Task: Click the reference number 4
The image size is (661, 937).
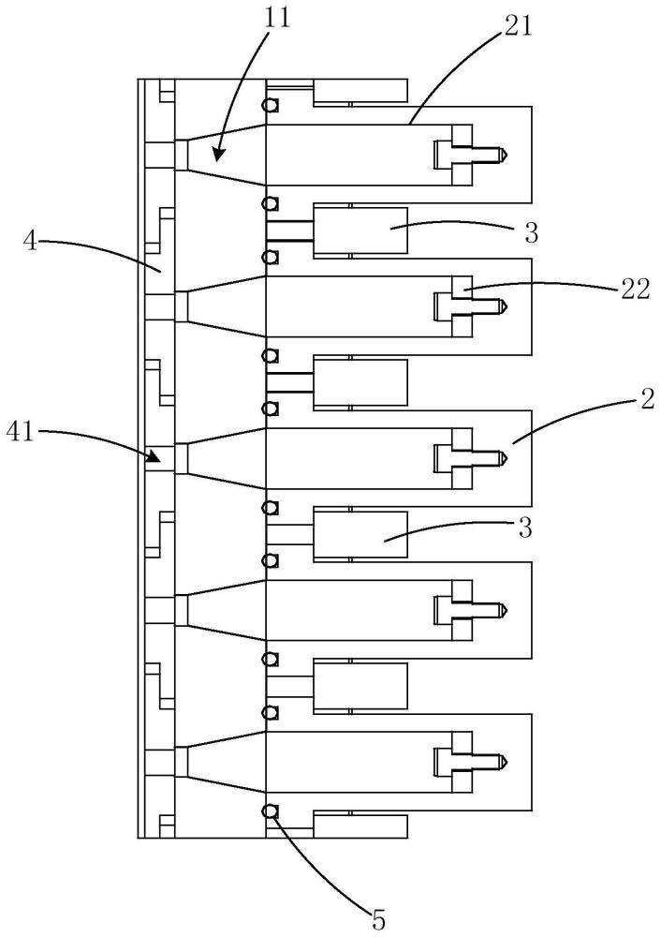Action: pyautogui.click(x=30, y=245)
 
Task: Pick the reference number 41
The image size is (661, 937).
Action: pyautogui.click(x=22, y=432)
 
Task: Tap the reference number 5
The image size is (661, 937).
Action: pyautogui.click(x=378, y=919)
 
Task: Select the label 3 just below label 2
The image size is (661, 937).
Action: pyautogui.click(x=525, y=528)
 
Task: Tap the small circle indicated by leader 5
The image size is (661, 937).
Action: pyautogui.click(x=271, y=811)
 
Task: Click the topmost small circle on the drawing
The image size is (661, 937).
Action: pyautogui.click(x=271, y=105)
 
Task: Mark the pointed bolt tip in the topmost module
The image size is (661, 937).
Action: pyautogui.click(x=504, y=153)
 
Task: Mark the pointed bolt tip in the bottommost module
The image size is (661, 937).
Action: pyautogui.click(x=504, y=761)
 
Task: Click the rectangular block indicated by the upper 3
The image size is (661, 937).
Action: pyautogui.click(x=360, y=230)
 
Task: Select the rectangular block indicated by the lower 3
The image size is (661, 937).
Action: pyautogui.click(x=360, y=534)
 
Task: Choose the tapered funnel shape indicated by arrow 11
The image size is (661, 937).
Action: pyautogui.click(x=225, y=154)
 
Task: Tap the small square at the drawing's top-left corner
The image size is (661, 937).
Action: pyautogui.click(x=167, y=91)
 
